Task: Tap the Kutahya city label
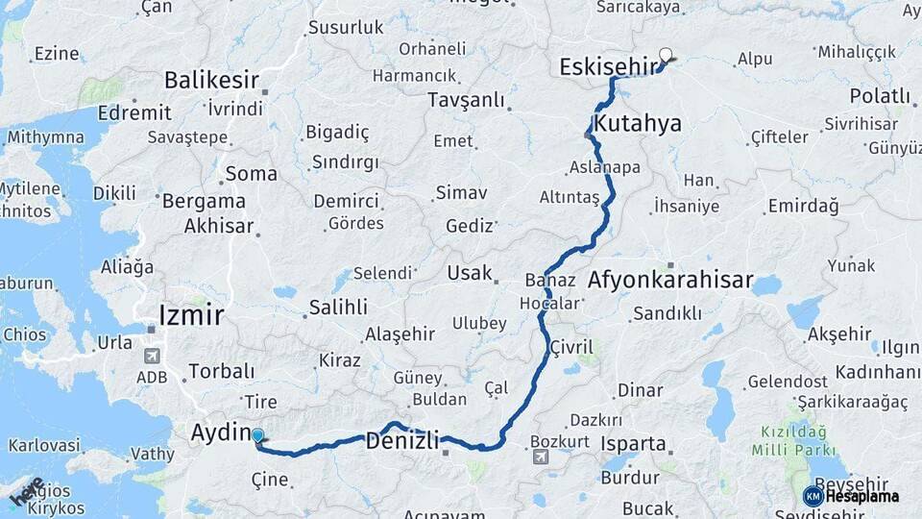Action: (x=638, y=123)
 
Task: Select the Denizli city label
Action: (x=402, y=442)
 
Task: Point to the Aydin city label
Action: (x=221, y=432)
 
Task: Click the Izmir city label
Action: (x=192, y=314)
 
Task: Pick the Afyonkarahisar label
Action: (x=669, y=281)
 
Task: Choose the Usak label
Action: (x=469, y=273)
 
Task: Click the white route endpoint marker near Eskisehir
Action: (x=666, y=56)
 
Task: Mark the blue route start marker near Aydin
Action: (x=257, y=437)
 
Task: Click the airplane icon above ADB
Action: (x=152, y=356)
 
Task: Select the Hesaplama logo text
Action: (x=861, y=497)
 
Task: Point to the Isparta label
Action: (x=633, y=444)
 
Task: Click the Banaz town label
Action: (x=550, y=281)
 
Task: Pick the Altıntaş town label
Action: (x=569, y=197)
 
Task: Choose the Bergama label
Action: (x=204, y=202)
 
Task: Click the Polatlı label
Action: (x=879, y=95)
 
